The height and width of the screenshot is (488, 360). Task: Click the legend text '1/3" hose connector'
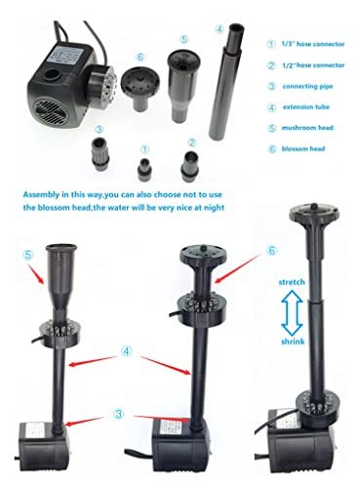[x=313, y=44]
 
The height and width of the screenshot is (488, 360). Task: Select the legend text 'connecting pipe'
[x=307, y=86]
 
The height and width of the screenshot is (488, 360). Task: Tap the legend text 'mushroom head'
[x=307, y=128]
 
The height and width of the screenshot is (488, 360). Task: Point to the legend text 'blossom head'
[x=303, y=148]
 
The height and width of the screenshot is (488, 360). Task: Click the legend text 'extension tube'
[x=306, y=106]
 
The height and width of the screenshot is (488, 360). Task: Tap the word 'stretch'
[x=292, y=282]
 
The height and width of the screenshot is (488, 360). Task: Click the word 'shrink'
[x=293, y=342]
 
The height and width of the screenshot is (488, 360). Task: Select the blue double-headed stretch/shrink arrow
[x=292, y=312]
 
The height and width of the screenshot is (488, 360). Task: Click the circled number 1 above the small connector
[x=145, y=149]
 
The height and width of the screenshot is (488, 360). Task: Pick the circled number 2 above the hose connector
[x=192, y=142]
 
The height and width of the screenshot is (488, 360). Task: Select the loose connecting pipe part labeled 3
[x=100, y=153]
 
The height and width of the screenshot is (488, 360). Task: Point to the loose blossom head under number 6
[x=140, y=87]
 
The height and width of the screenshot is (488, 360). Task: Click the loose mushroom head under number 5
[x=183, y=85]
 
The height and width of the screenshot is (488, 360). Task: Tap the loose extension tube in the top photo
[x=226, y=81]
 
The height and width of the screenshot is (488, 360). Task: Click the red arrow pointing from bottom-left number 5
[x=36, y=273]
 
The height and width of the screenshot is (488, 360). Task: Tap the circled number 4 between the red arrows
[x=127, y=351]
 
